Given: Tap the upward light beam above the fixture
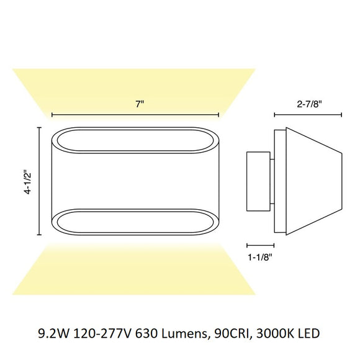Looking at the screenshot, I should click(x=135, y=90).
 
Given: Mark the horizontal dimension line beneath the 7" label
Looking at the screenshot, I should click(x=135, y=114).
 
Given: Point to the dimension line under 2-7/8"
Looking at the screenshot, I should click(x=308, y=114).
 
